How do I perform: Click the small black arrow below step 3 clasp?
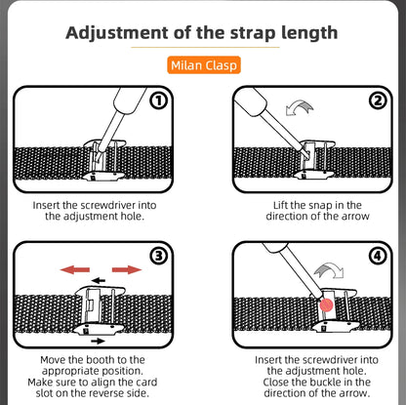click(x=96, y=342)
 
